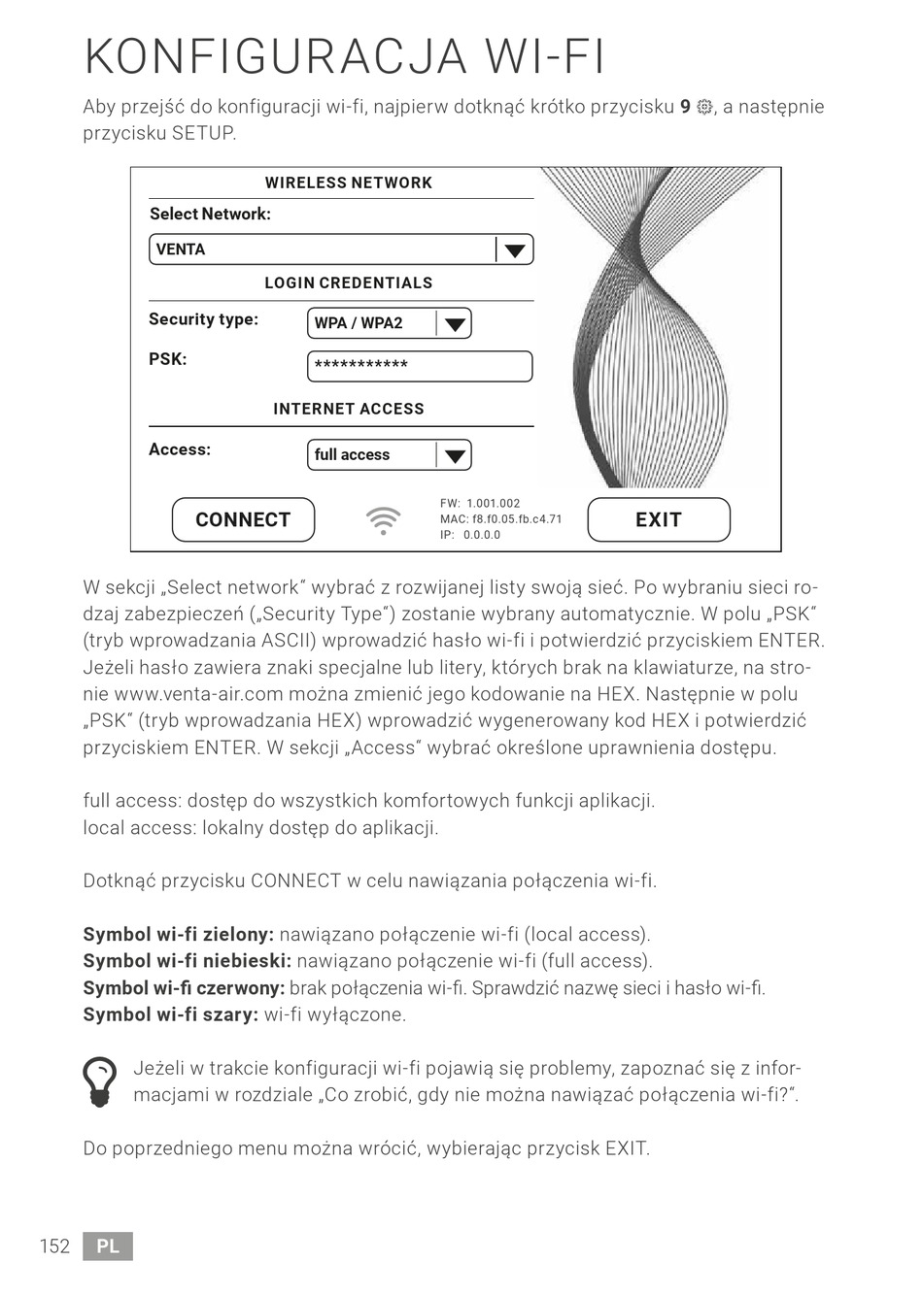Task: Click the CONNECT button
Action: (x=243, y=519)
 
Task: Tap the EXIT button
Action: (x=658, y=519)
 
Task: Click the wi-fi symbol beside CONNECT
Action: (x=384, y=520)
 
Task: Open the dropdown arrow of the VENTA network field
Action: (x=514, y=250)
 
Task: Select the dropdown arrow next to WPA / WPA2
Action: (x=453, y=324)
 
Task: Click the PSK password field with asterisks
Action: (x=420, y=366)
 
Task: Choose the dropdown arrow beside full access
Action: (x=453, y=455)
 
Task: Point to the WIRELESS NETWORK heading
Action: (x=348, y=183)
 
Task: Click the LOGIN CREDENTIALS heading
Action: (x=348, y=283)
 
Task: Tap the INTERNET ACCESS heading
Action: (x=348, y=409)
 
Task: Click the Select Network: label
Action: (x=210, y=214)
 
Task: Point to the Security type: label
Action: (x=203, y=319)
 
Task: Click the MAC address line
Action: (x=500, y=519)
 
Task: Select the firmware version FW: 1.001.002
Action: (x=480, y=504)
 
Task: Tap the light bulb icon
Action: (x=100, y=1081)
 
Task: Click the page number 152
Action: (x=54, y=1246)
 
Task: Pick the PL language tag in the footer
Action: (x=108, y=1246)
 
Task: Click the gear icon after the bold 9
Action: (x=704, y=108)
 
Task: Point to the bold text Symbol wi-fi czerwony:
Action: (x=184, y=988)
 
